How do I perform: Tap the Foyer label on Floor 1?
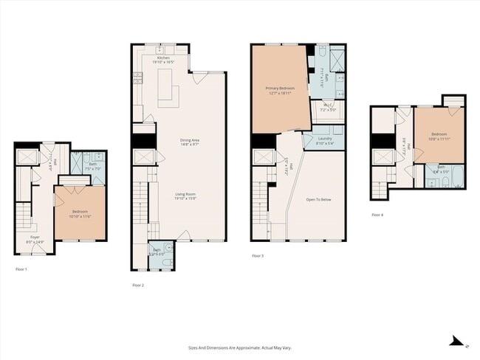tap(35, 238)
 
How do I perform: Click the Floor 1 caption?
tap(21, 270)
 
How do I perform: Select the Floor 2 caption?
tap(138, 285)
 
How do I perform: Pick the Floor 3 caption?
tap(258, 256)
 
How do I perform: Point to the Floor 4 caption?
tap(377, 215)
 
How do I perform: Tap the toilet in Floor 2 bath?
tap(166, 262)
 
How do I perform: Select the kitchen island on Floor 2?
tap(174, 93)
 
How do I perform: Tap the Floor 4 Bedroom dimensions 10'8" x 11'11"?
tap(441, 139)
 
